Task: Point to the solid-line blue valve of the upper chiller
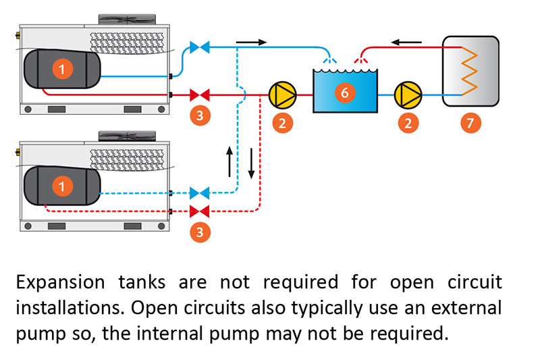pyautogui.click(x=199, y=47)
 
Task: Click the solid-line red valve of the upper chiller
pyautogui.click(x=199, y=94)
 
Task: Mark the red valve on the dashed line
pyautogui.click(x=199, y=209)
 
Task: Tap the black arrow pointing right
pyautogui.click(x=251, y=42)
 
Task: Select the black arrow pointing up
pyautogui.click(x=230, y=160)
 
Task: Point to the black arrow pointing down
pyautogui.click(x=251, y=164)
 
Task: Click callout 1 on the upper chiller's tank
pyautogui.click(x=62, y=68)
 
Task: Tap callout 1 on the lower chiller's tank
pyautogui.click(x=62, y=184)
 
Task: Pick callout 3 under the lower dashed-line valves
pyautogui.click(x=199, y=232)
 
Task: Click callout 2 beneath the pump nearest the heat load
pyautogui.click(x=407, y=122)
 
